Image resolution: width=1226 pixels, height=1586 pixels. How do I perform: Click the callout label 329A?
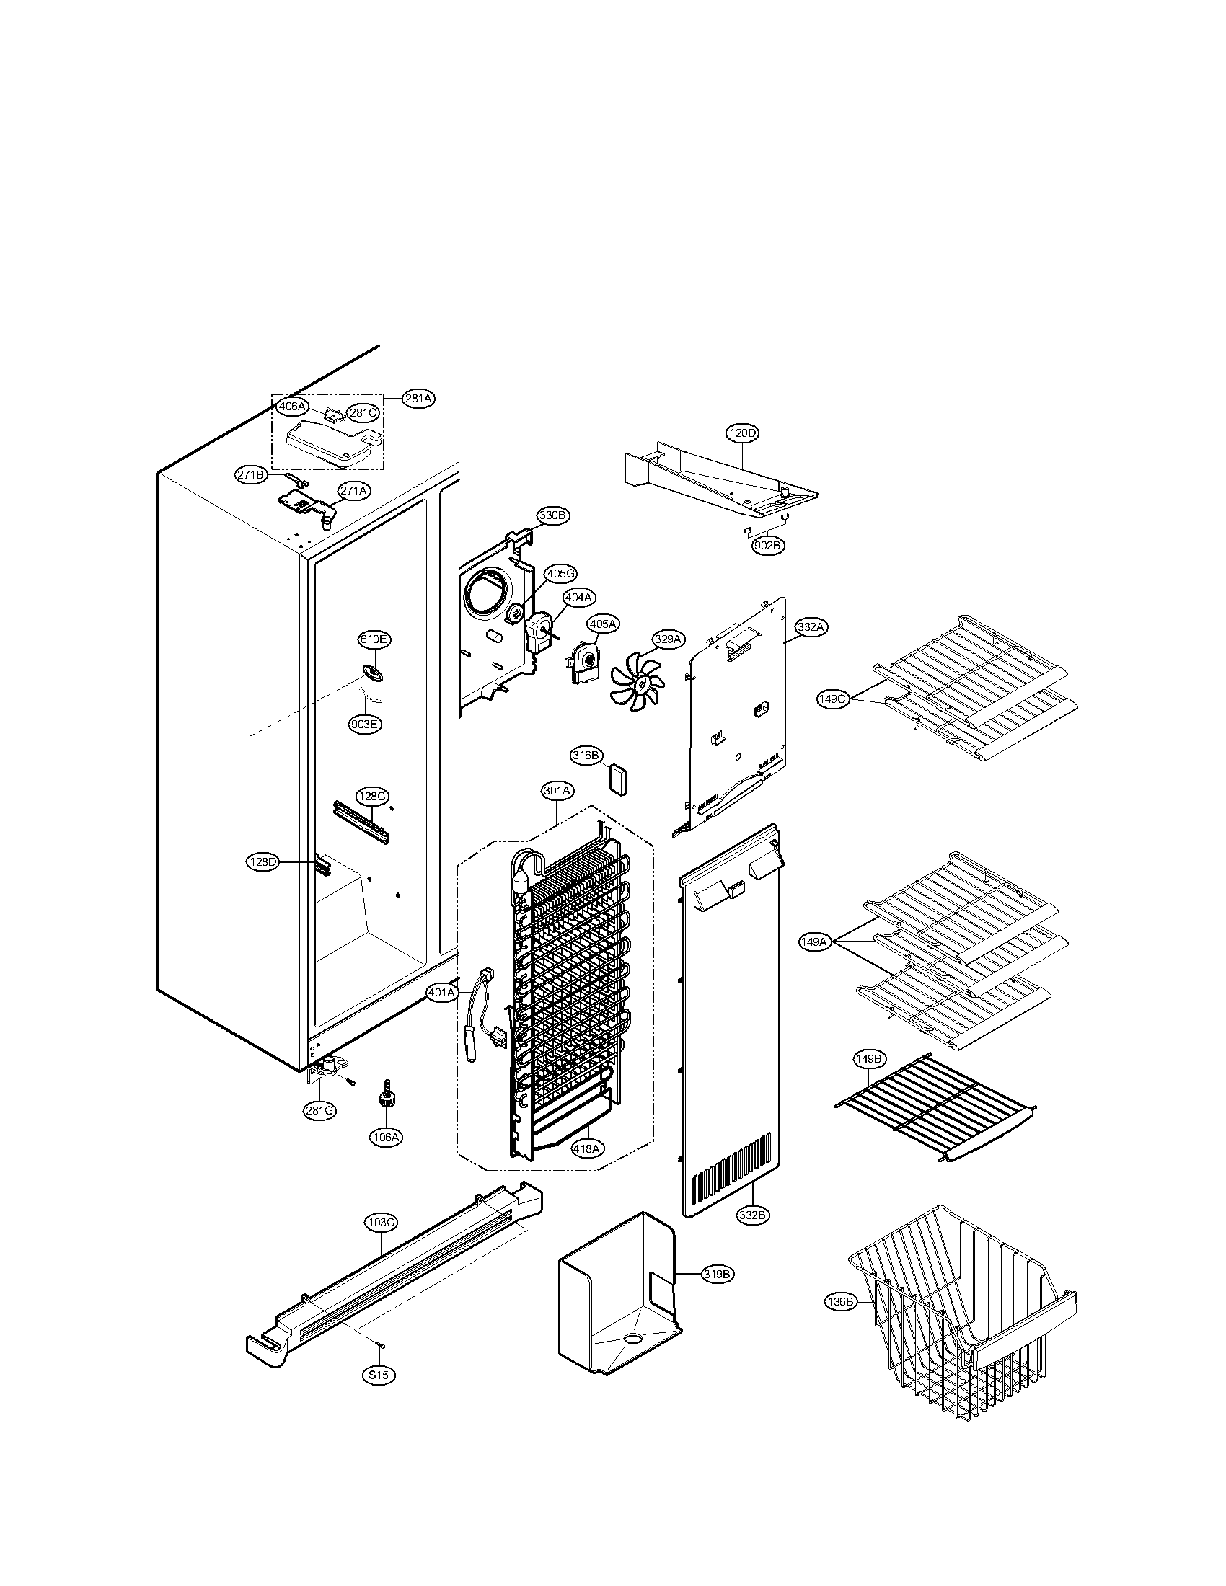668,639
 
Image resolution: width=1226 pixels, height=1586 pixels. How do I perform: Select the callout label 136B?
840,1302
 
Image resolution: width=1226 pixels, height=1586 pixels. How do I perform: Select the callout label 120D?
742,433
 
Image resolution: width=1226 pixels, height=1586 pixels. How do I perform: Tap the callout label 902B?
768,546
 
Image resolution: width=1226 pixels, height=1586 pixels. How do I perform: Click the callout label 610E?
374,639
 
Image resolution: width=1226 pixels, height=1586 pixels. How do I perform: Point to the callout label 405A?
603,624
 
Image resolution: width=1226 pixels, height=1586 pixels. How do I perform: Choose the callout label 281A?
419,399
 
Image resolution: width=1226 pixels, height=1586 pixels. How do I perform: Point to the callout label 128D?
263,863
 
